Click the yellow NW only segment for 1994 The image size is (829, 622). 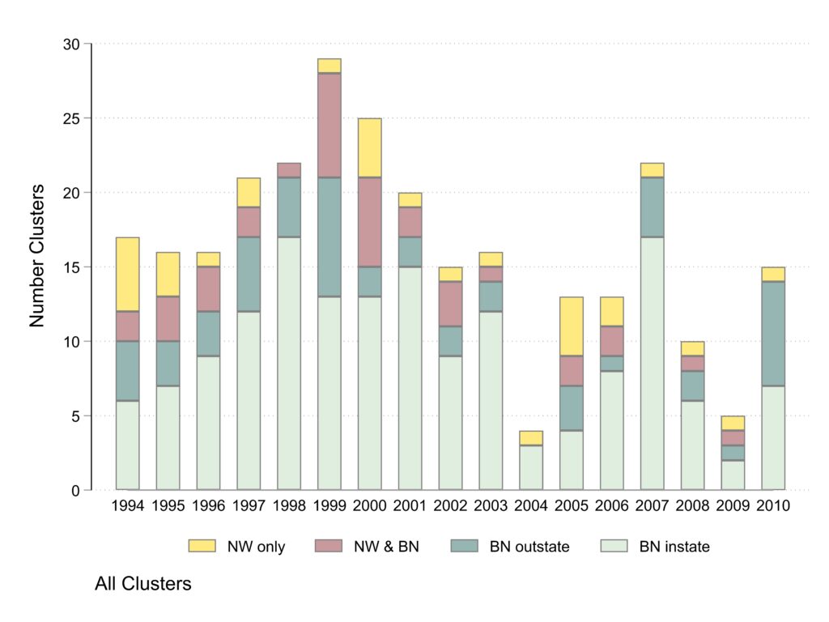click(127, 275)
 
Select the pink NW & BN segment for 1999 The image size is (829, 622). click(329, 126)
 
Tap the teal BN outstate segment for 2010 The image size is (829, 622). click(773, 334)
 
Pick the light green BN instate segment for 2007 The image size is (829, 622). click(652, 364)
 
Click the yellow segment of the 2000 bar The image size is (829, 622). click(369, 148)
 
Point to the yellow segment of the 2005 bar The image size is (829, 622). click(572, 326)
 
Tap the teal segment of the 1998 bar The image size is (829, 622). click(289, 207)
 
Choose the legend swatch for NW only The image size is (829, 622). click(202, 547)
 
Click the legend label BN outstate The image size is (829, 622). click(529, 547)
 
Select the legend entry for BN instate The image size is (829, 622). click(674, 547)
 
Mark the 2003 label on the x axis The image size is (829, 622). click(491, 506)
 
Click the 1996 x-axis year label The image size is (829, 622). click(208, 506)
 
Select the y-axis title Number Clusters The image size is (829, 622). click(36, 266)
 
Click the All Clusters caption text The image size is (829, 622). click(143, 583)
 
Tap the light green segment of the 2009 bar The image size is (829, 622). click(733, 475)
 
